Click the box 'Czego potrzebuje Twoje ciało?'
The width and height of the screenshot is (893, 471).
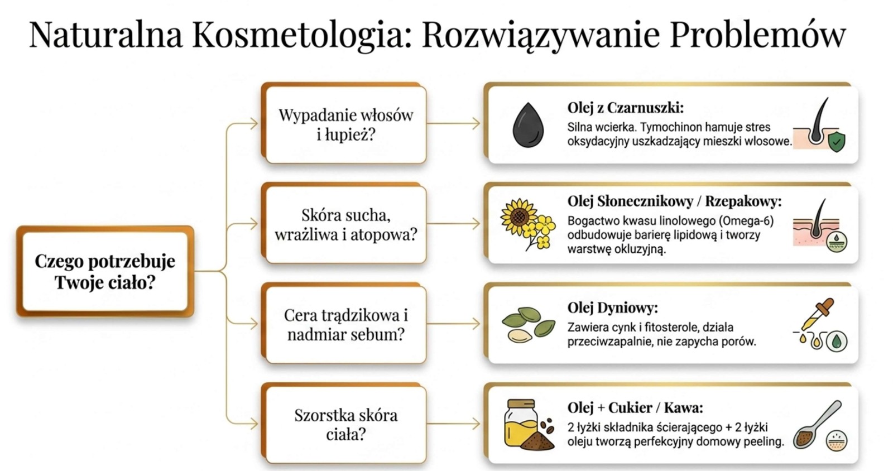click(105, 271)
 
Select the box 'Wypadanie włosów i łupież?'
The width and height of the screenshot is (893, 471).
click(344, 123)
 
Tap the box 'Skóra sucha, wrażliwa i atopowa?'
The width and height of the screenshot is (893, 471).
click(344, 224)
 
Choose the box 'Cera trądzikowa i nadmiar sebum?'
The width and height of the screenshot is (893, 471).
click(344, 324)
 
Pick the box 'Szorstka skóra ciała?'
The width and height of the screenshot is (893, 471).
click(344, 424)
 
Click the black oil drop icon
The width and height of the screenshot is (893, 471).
click(528, 125)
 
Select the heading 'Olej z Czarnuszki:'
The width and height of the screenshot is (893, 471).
click(626, 108)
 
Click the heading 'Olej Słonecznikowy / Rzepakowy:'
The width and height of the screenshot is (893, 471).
click(675, 201)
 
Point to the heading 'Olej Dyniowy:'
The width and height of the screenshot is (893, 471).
click(612, 308)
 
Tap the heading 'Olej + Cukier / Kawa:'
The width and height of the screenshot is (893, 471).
click(635, 408)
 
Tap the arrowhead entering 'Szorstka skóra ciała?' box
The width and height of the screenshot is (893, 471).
click(253, 424)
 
